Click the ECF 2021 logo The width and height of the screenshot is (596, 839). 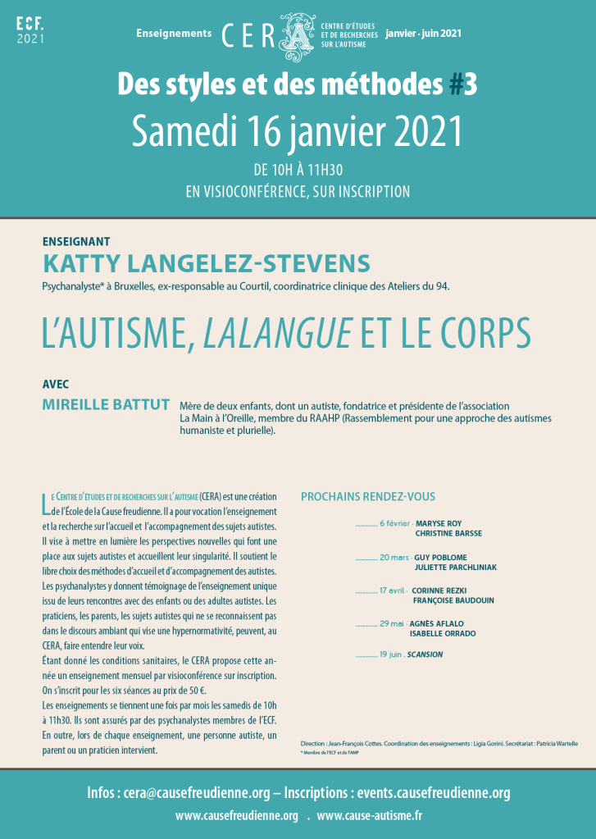pos(30,30)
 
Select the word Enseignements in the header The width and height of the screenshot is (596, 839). pos(174,34)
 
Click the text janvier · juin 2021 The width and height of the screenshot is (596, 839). pos(424,34)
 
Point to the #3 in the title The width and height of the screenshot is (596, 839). pos(466,84)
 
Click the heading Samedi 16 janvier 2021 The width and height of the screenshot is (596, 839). pos(298,130)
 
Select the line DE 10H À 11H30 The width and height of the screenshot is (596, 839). pos(298,171)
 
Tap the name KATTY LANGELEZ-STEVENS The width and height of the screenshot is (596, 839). pos(206,264)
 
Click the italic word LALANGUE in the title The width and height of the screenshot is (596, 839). pos(278,334)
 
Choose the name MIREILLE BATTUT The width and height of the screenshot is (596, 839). pos(106,405)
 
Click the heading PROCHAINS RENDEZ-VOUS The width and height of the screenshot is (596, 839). pos(368,497)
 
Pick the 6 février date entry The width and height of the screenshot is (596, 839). pos(394,522)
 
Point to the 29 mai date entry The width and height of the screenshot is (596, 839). pos(393,624)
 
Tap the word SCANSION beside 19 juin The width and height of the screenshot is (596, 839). pos(425,654)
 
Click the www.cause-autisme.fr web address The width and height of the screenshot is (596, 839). pos(370,816)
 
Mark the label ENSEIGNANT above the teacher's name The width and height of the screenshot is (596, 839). pos(75,242)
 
